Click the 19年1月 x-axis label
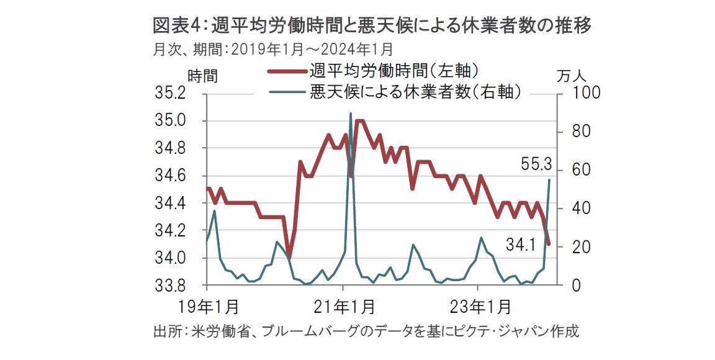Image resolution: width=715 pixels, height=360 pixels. [206, 307]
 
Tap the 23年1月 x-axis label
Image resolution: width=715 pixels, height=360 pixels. [478, 307]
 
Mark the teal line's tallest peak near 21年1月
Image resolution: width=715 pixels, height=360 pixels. [351, 114]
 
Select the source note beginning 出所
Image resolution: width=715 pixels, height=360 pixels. [366, 331]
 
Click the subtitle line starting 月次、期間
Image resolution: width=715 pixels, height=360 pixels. [272, 48]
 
